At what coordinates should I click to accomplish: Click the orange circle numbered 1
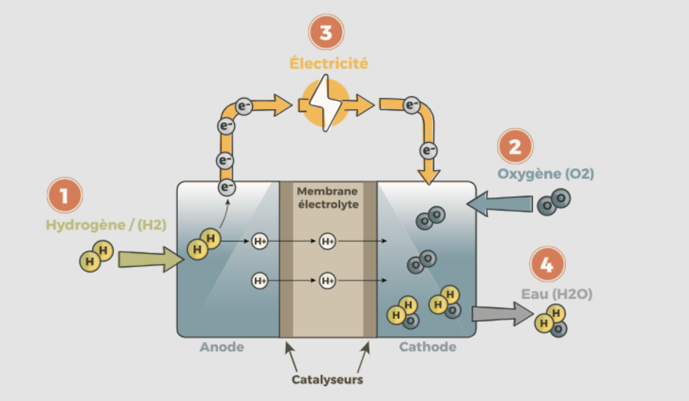pyautogui.click(x=64, y=196)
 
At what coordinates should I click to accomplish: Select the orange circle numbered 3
pyautogui.click(x=326, y=33)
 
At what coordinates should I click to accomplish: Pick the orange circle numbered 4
pyautogui.click(x=547, y=264)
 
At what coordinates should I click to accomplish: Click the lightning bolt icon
pyautogui.click(x=326, y=103)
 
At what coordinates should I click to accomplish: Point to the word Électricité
pyautogui.click(x=328, y=63)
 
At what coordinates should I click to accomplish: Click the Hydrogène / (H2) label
pyautogui.click(x=106, y=225)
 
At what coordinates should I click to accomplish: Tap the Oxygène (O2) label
pyautogui.click(x=546, y=174)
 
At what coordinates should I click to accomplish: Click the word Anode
pyautogui.click(x=222, y=347)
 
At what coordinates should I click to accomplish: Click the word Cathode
pyautogui.click(x=428, y=347)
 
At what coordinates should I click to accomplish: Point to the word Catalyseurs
pyautogui.click(x=327, y=379)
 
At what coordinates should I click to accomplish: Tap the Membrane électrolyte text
pyautogui.click(x=328, y=197)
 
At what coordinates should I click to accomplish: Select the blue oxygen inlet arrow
pyautogui.click(x=500, y=204)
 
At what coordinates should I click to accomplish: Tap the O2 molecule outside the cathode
pyautogui.click(x=553, y=203)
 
